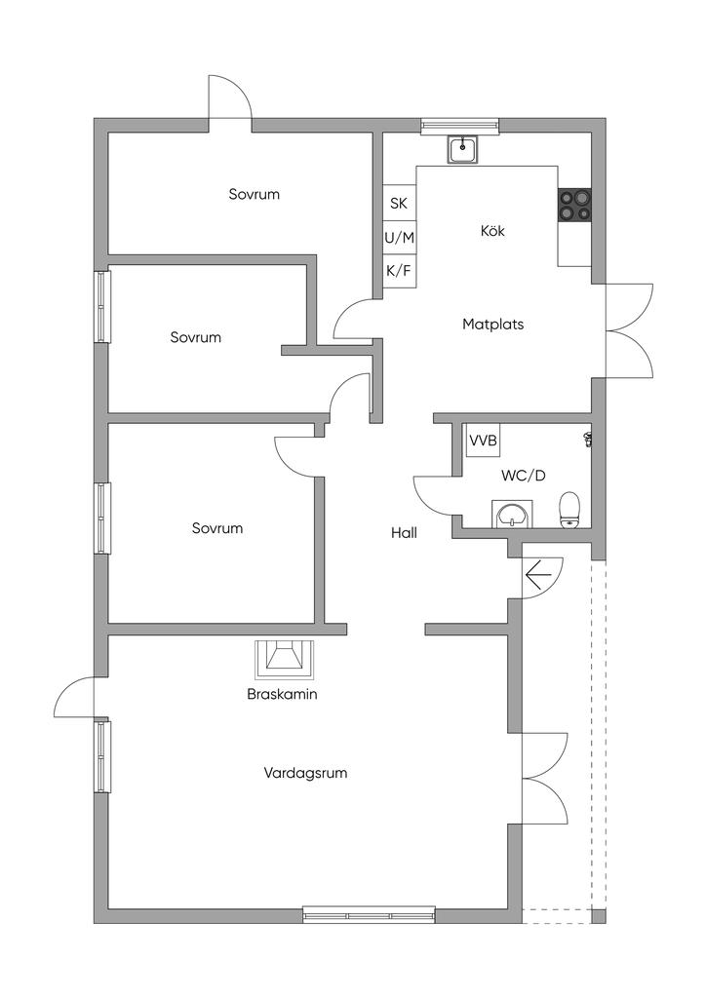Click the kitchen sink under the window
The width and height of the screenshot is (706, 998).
coord(462,149)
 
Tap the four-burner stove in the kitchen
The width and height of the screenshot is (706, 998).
coord(574,206)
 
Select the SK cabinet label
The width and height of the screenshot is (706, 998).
coord(399,204)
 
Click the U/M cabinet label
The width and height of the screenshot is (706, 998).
coord(399,237)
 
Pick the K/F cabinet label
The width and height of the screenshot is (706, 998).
coord(399,270)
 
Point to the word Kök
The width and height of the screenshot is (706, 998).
coord(493,231)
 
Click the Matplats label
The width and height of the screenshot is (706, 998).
coord(492,324)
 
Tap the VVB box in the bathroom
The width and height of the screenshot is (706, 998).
coord(483,441)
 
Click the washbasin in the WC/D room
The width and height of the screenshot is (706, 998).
coord(510,514)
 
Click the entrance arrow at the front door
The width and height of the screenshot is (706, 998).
coord(537,575)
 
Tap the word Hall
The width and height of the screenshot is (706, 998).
coord(405,533)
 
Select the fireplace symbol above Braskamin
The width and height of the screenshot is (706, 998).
coord(286,659)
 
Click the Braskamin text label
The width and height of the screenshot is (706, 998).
coord(283,695)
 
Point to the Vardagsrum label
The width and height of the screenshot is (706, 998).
coord(305,773)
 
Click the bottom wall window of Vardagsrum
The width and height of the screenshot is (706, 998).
coord(369,915)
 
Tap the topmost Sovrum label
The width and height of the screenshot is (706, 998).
coord(254,194)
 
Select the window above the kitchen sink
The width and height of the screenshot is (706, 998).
coord(459,125)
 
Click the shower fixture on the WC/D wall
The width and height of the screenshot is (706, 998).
coord(588,439)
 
